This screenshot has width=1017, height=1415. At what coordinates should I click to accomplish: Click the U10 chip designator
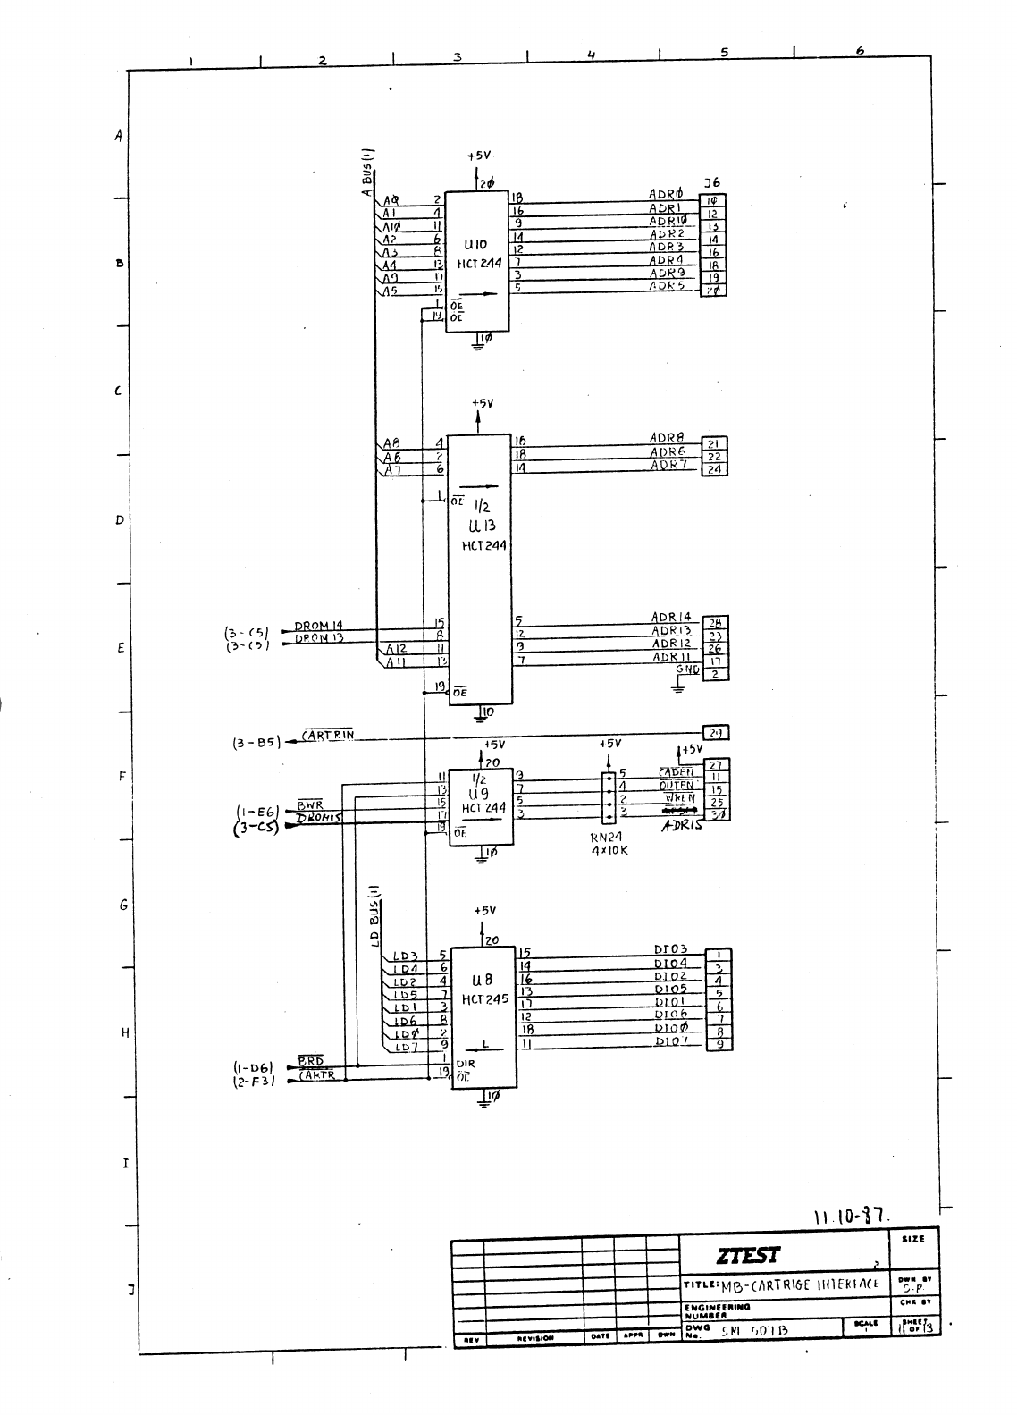475,243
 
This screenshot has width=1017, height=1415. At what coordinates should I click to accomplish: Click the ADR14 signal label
670,617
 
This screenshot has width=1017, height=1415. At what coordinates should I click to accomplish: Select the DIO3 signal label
670,949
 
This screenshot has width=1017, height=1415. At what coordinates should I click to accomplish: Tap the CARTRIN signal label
328,735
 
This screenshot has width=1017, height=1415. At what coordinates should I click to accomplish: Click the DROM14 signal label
319,625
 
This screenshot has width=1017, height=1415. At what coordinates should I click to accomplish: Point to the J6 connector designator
711,183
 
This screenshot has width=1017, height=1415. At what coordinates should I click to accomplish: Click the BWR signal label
309,805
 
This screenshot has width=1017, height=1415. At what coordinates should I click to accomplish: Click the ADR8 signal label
667,438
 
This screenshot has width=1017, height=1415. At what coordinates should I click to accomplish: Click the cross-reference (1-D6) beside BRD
254,1065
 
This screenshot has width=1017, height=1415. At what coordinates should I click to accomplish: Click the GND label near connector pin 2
687,670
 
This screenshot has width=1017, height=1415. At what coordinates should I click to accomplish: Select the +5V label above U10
479,156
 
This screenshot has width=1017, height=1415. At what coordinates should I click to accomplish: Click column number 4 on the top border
592,55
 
